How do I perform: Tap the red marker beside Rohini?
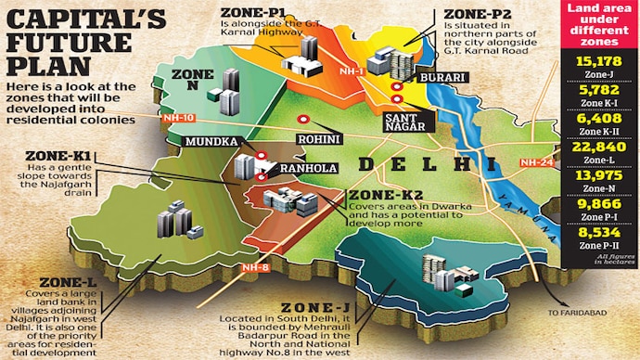(301, 119)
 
